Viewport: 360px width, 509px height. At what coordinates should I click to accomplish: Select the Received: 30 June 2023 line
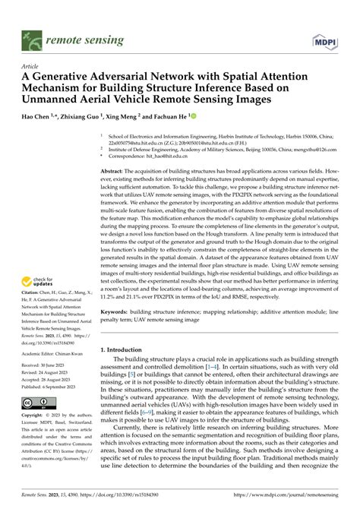coord(48,365)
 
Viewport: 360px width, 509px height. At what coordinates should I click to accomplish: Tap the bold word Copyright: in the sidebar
coord(34,416)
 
